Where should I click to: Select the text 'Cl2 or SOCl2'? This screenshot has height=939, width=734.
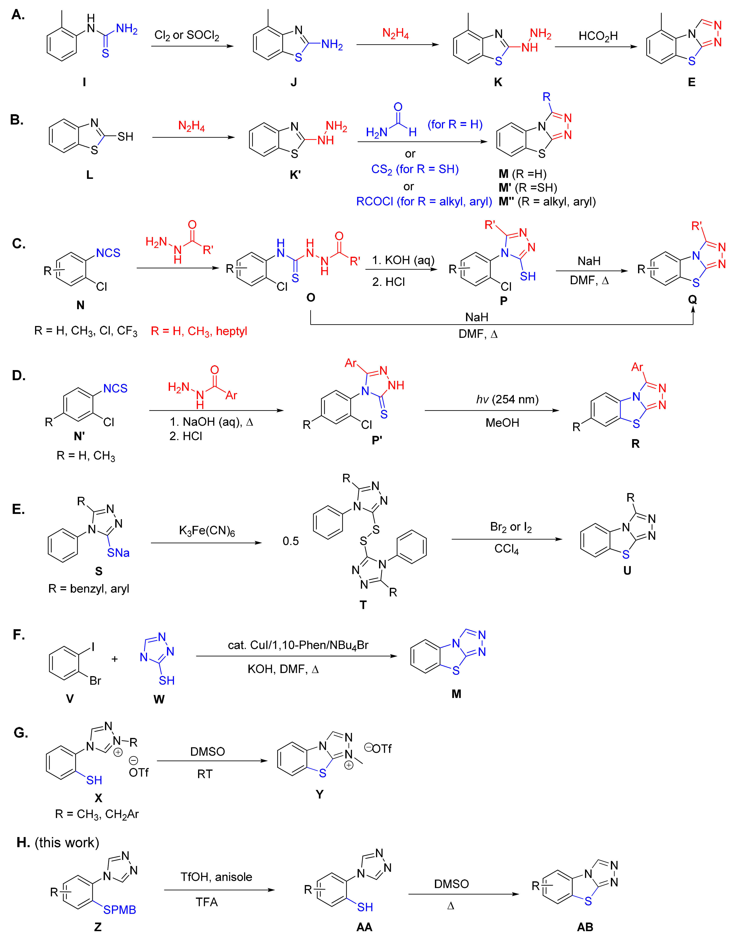click(187, 35)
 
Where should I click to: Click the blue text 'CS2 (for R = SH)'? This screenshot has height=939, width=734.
click(415, 169)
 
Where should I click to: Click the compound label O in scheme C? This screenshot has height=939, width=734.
click(311, 298)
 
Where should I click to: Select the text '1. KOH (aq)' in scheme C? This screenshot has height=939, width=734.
click(403, 260)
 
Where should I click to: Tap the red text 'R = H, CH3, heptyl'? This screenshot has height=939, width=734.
click(199, 331)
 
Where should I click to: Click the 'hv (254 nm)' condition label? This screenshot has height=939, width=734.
click(507, 399)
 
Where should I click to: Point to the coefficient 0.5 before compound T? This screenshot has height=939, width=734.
click(291, 541)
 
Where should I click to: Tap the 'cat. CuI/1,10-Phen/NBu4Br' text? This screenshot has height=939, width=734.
click(298, 645)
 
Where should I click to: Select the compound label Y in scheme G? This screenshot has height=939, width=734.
click(319, 794)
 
